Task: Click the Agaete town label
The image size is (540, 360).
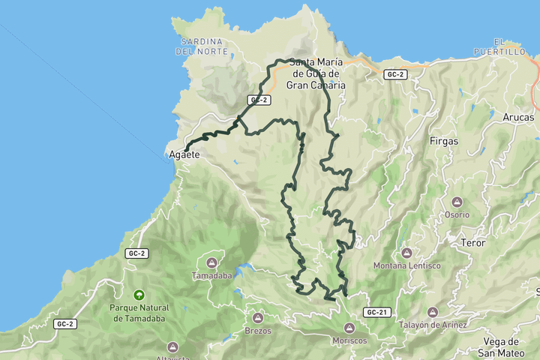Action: coord(184,154)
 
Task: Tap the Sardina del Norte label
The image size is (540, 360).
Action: coord(200,46)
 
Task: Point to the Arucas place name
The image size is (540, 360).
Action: coord(519,118)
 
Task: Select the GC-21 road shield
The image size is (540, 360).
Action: coord(377,311)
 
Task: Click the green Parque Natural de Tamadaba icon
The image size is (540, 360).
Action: coord(138,295)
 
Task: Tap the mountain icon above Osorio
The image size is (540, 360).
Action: coord(457,202)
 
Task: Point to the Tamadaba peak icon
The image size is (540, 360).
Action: coord(212,262)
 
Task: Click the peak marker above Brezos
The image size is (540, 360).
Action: coord(258,318)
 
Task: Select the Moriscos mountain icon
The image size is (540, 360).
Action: coord(349,328)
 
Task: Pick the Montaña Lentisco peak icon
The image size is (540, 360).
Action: coord(406,253)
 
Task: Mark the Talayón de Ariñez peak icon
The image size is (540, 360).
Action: coord(433,312)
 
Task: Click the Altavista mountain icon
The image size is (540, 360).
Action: coord(172,346)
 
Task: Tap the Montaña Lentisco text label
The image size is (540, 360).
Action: coord(406,266)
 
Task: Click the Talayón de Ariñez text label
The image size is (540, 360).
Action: coord(433,325)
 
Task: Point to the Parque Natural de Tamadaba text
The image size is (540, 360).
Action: coord(139,313)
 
